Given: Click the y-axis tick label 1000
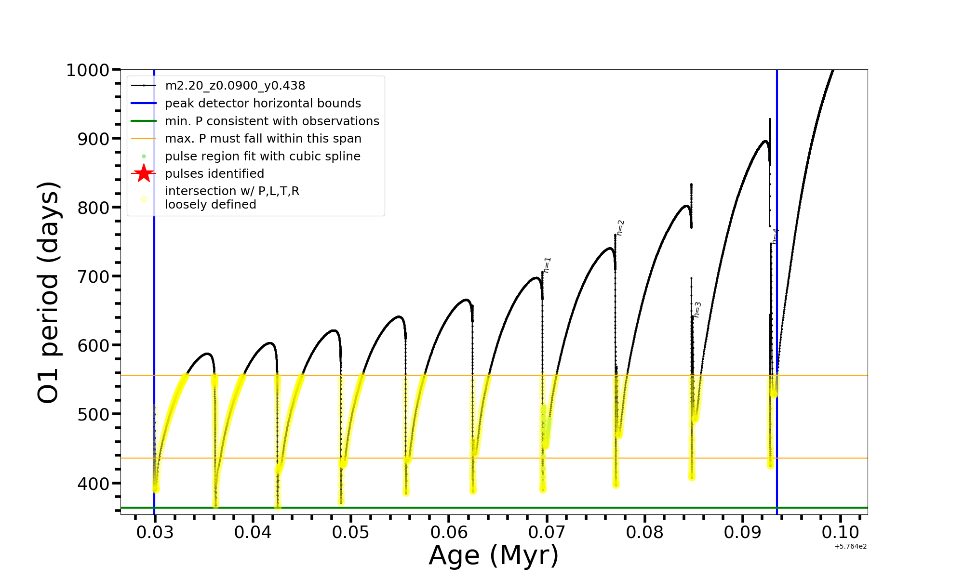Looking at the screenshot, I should [88, 70].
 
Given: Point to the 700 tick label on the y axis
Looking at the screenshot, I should [93, 277].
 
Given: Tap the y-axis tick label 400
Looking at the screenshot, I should [93, 484].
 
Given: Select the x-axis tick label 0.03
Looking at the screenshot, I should [154, 532].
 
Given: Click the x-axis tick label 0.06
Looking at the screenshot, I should [448, 532].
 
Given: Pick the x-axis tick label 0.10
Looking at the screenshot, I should [840, 532].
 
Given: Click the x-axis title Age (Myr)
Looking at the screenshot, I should [494, 555].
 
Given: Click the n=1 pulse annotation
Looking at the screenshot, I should [547, 265].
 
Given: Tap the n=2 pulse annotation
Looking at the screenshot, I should [620, 228].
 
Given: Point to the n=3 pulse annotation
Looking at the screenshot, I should [697, 310].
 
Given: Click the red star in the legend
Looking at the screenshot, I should [144, 173].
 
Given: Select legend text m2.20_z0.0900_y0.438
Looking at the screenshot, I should [235, 86].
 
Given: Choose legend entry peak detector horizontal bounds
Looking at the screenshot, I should [263, 104].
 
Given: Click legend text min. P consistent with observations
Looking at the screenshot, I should [272, 121].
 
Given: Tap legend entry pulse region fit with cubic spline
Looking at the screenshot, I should [262, 157].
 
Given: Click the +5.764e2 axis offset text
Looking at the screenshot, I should [850, 547].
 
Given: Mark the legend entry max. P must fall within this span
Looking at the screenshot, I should [263, 139].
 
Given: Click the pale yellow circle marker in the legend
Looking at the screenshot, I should [144, 199].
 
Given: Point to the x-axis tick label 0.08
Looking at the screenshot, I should [644, 532].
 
